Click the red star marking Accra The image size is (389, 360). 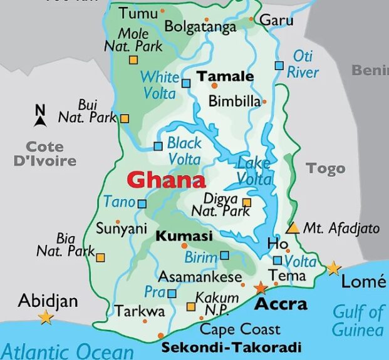[x=260, y=288]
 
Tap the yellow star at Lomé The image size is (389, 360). [x=333, y=269]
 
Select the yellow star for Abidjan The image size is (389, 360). [x=46, y=317]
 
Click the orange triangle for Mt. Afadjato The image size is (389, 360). [x=293, y=227]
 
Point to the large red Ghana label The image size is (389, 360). [x=166, y=181]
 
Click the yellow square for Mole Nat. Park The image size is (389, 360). [x=133, y=60]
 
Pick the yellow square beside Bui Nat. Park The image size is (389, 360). [x=125, y=118]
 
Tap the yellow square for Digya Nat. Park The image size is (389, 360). [x=247, y=202]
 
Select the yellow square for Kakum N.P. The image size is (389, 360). [x=191, y=307]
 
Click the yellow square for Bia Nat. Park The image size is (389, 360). [x=100, y=257]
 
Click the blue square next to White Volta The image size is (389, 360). [x=185, y=83]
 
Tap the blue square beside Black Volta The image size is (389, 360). [x=158, y=147]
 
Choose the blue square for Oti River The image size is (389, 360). [x=279, y=65]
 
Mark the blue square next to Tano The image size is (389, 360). [x=142, y=203]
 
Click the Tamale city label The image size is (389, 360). [x=226, y=76]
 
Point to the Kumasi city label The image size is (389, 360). [x=184, y=236]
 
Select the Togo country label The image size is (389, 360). [x=326, y=168]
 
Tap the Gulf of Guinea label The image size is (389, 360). [x=358, y=320]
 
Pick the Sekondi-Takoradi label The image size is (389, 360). [x=231, y=347]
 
